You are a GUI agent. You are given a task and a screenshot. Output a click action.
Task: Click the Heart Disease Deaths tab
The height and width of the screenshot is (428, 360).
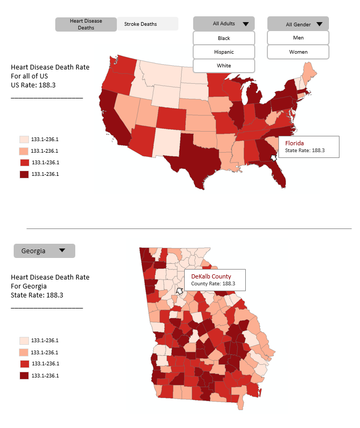(86, 24)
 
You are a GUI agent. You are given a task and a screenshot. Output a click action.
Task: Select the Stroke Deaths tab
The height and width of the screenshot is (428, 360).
(141, 24)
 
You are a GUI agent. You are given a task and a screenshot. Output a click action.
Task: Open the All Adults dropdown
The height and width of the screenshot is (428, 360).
(224, 24)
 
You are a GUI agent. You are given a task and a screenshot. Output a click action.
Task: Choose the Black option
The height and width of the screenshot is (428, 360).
(224, 38)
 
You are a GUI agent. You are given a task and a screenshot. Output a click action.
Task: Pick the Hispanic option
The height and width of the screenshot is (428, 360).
(224, 52)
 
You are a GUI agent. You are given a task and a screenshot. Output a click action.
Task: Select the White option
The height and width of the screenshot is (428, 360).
(224, 66)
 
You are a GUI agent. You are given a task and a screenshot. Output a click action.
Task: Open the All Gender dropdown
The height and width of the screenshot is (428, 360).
(298, 24)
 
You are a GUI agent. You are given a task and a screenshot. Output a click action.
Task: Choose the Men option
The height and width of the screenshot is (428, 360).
(298, 38)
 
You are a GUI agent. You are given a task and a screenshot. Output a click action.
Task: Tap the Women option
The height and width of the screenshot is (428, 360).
(298, 52)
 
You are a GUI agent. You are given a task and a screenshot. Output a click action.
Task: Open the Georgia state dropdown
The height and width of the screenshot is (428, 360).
(44, 251)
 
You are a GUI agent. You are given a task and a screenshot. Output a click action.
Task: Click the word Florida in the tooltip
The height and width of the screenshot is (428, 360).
(294, 143)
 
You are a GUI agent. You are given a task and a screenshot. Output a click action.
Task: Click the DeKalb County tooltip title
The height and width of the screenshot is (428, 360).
(211, 276)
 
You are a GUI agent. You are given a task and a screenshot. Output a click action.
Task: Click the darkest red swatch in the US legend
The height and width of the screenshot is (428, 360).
(24, 174)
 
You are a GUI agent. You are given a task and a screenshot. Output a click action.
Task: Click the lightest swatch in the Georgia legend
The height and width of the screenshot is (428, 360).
(24, 341)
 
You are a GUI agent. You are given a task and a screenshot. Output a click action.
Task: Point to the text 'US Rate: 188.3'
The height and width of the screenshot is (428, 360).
(33, 85)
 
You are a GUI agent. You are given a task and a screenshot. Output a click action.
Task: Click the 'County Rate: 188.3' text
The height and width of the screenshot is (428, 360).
(213, 284)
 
